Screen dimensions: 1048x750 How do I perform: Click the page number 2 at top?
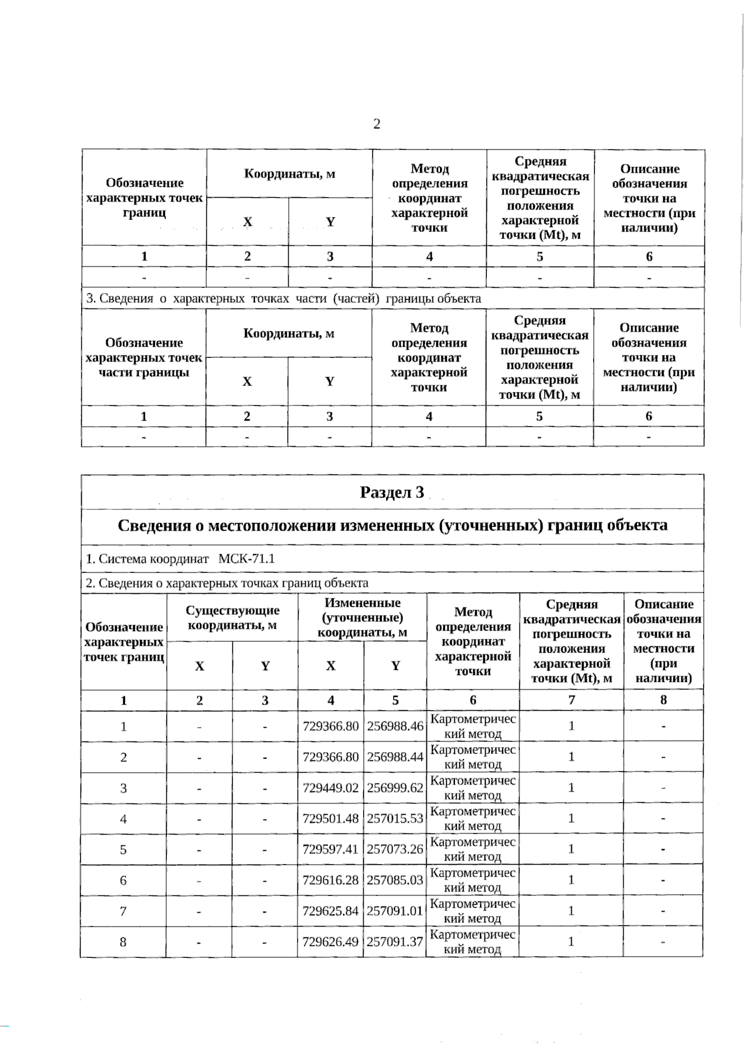pos(376,124)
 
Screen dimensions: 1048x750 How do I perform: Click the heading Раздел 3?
pos(392,492)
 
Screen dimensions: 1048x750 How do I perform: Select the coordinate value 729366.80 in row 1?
pos(331,726)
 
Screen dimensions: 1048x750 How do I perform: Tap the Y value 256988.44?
pos(395,757)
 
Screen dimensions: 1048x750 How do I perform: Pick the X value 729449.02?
pos(331,788)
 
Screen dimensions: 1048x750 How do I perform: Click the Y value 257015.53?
pos(395,818)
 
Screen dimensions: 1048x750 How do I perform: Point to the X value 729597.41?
pos(331,849)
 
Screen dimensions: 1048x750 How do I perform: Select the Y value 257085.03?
pos(395,880)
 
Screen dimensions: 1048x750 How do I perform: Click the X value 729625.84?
pos(331,910)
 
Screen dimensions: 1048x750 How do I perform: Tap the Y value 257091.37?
pos(395,941)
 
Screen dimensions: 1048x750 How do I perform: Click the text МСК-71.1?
pos(246,559)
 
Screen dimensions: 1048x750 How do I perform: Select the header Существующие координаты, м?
pos(232,618)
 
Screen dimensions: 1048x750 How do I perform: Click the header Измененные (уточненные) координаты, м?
pos(362,618)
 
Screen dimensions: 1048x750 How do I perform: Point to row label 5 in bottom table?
pos(123,849)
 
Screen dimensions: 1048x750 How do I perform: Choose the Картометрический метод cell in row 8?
pos(472,941)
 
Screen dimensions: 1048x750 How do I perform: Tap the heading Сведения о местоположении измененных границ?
pos(392,526)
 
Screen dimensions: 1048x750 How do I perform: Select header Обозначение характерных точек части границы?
pos(144,357)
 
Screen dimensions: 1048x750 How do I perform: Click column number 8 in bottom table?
pos(663,700)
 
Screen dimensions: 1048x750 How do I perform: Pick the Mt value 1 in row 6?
pos(571,880)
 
